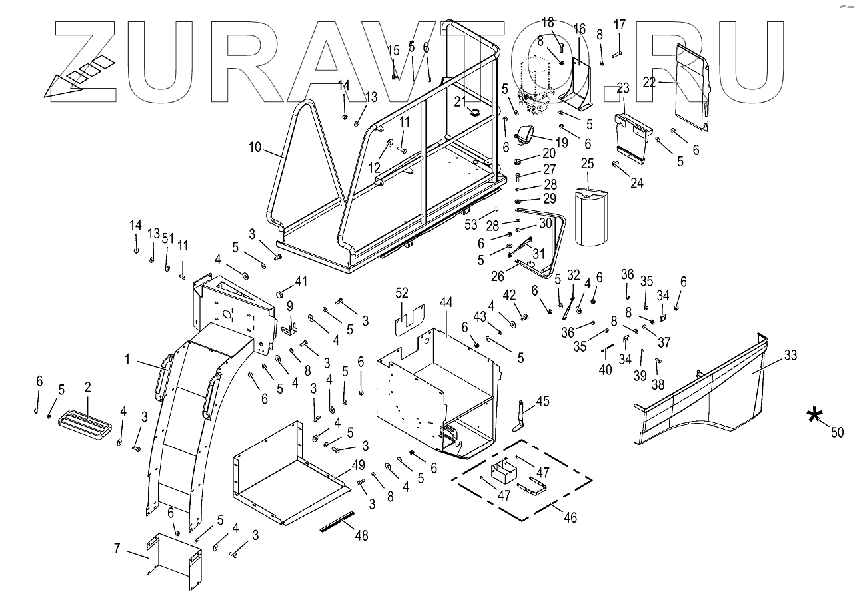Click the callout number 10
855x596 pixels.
255,147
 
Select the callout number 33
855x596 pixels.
790,355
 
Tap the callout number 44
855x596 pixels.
446,302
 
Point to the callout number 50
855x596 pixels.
836,432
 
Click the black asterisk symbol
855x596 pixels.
814,416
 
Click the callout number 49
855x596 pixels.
358,465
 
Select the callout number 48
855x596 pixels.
360,535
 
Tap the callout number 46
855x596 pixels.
570,517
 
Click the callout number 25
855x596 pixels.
587,164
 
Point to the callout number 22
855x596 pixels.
649,82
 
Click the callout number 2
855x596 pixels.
87,388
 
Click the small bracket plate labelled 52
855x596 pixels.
409,320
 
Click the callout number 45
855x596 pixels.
543,400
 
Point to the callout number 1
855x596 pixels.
127,359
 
